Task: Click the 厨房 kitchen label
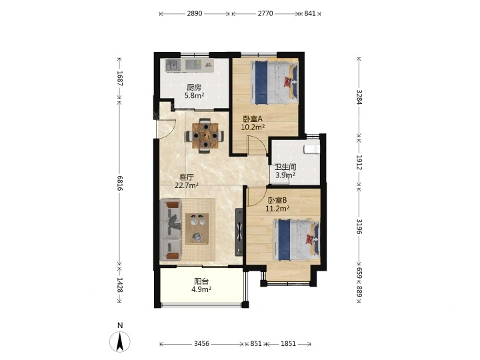[194, 87]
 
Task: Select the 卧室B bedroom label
[277, 201]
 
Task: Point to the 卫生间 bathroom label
[285, 167]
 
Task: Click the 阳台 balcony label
[201, 281]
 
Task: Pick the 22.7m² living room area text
[187, 185]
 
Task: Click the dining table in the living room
[205, 135]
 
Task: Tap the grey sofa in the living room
[171, 230]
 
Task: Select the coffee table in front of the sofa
[197, 229]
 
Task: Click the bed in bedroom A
[274, 83]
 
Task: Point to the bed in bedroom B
[297, 240]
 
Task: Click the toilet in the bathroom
[311, 149]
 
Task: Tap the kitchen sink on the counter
[173, 65]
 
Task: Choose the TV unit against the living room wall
[239, 232]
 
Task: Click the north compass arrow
[120, 341]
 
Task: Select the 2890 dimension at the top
[195, 13]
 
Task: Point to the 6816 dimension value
[120, 183]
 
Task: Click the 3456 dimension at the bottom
[201, 344]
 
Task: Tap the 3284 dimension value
[359, 97]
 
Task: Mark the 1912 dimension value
[359, 162]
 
